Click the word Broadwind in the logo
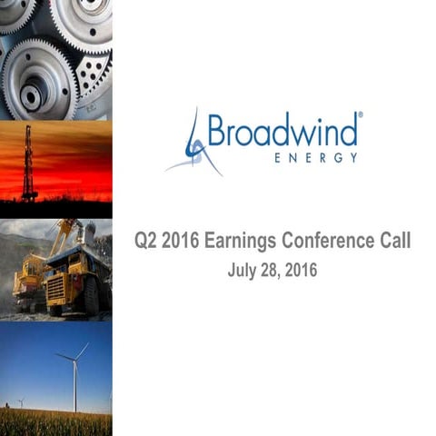tap(282, 131)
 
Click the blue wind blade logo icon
tap(194, 144)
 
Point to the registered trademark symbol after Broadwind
tap(361, 116)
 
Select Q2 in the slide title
tap(146, 243)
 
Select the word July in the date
tap(243, 270)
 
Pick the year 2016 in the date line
tap(303, 270)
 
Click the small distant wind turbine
tap(21, 401)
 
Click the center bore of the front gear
tap(33, 93)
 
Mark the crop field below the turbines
tap(54, 422)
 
